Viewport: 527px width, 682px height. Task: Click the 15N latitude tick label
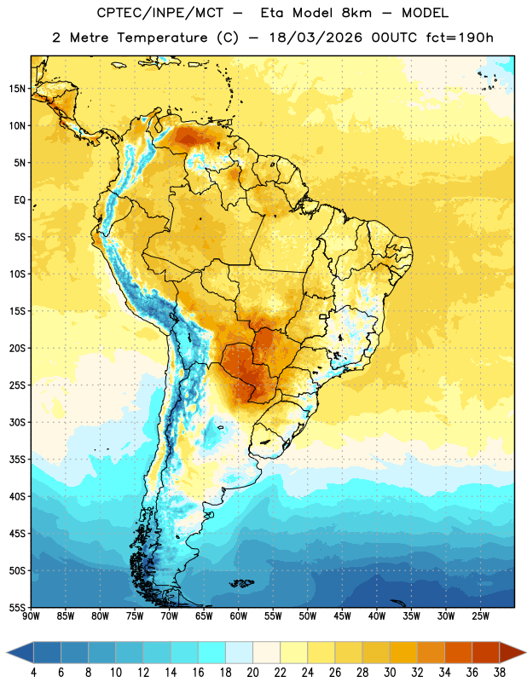[x=17, y=89]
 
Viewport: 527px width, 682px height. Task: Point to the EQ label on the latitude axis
[x=20, y=200]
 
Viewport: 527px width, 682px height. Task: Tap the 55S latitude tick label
[x=17, y=607]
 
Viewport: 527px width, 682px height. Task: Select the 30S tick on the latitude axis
[x=17, y=422]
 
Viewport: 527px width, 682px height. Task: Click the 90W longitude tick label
[x=31, y=616]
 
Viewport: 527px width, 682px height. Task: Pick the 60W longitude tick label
[x=239, y=616]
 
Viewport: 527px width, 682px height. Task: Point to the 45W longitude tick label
[x=342, y=616]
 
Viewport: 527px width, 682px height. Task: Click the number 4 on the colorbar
[x=33, y=673]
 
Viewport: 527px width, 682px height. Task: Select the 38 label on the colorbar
[x=499, y=673]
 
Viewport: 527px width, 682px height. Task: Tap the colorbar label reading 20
[x=252, y=673]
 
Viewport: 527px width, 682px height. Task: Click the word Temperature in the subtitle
[x=162, y=38]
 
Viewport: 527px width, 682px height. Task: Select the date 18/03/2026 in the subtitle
[x=316, y=38]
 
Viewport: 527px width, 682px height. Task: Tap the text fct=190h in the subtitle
[x=460, y=38]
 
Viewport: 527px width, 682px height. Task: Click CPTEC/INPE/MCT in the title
[x=159, y=13]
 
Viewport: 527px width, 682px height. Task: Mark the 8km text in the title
[x=356, y=13]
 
